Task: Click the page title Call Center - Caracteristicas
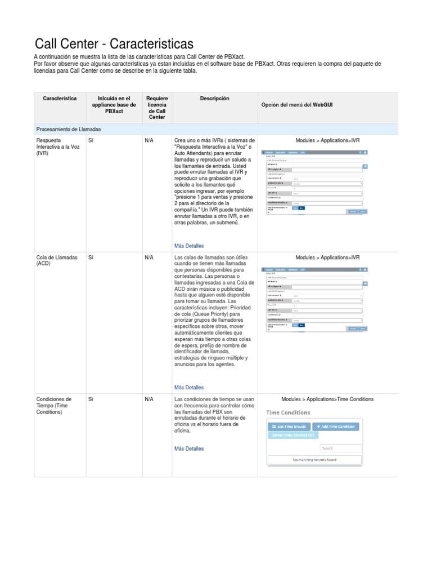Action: (x=114, y=44)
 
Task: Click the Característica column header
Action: (x=60, y=99)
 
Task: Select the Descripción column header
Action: (x=214, y=99)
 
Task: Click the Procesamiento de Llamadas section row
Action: (x=68, y=130)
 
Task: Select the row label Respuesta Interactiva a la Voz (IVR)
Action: (x=56, y=147)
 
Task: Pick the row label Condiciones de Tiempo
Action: (x=53, y=405)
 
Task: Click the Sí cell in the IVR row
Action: (x=91, y=140)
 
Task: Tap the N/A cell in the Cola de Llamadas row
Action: (x=149, y=258)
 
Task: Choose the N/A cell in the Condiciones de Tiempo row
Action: (x=149, y=399)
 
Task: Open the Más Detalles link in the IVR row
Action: (x=189, y=246)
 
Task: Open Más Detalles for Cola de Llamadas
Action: (x=189, y=388)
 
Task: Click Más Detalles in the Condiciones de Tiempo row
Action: (x=189, y=449)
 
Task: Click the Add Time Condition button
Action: (x=335, y=427)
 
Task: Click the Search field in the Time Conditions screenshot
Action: (x=340, y=449)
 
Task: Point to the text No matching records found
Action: (x=314, y=460)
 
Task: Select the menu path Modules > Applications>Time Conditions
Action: (x=327, y=399)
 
